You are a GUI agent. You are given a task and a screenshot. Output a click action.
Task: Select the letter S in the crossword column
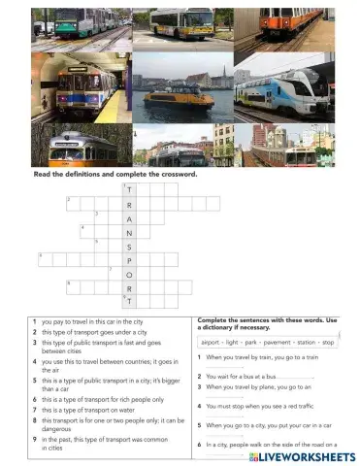[129, 247]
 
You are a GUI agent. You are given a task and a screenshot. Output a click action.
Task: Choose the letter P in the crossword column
[129, 260]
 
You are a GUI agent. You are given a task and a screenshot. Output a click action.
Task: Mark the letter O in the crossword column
[129, 274]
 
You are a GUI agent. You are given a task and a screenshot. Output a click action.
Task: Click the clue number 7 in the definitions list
[35, 408]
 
